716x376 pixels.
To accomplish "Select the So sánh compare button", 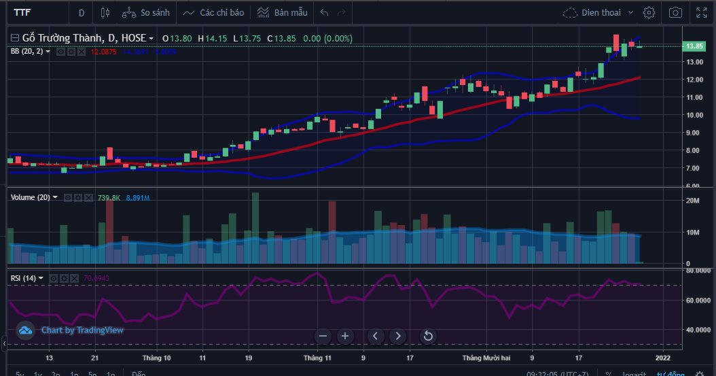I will tap(145, 12).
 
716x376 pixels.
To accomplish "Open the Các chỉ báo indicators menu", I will tap(213, 12).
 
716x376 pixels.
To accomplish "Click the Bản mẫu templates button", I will tap(282, 12).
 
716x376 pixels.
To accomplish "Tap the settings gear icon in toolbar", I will tap(649, 12).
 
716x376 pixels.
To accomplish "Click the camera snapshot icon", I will tap(675, 12).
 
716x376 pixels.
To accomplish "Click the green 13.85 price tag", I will tap(694, 46).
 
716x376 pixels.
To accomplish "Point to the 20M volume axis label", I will tap(693, 201).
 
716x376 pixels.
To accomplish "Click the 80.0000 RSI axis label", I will tap(698, 271).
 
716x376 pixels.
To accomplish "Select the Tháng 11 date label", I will tap(317, 357).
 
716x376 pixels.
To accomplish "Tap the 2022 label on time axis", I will tap(663, 357).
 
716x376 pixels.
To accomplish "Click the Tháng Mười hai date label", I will tap(486, 357).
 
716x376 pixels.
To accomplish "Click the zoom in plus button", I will tap(345, 336).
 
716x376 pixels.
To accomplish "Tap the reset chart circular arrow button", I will tap(428, 336).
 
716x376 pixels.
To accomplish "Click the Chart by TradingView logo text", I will tap(82, 330).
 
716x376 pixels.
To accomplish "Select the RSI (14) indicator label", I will tap(24, 278).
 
